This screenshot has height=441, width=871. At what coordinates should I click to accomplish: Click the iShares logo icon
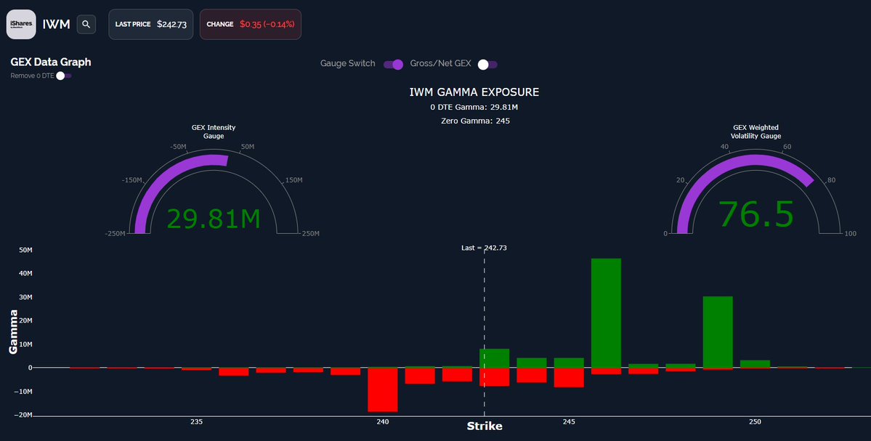coord(21,24)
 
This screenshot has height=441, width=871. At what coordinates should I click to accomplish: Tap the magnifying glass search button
coord(86,24)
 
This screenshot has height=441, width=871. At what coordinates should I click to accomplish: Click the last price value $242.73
coord(171,24)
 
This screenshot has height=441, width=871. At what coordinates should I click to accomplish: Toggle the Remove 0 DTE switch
coord(64,76)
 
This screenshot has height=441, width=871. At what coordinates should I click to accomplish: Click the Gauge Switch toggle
coord(393,64)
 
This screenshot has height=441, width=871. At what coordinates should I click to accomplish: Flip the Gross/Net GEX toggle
coord(487,64)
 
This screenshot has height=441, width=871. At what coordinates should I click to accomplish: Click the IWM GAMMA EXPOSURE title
coord(474,92)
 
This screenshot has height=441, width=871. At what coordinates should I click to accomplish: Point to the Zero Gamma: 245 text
coord(475,121)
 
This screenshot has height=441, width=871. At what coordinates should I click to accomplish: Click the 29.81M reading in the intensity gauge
coord(214,218)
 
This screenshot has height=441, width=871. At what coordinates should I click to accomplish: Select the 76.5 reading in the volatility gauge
coord(756,214)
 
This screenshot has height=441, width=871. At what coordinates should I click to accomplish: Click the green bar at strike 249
coord(718,331)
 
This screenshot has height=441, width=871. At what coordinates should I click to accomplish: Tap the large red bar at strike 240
coord(382,389)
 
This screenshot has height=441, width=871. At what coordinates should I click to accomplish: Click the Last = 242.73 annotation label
coord(484,248)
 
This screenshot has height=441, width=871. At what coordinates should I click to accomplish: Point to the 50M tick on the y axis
coord(25,250)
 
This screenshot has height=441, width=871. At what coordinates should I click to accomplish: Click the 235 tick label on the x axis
coord(196,422)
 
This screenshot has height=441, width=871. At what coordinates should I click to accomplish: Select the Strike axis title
coord(484,426)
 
